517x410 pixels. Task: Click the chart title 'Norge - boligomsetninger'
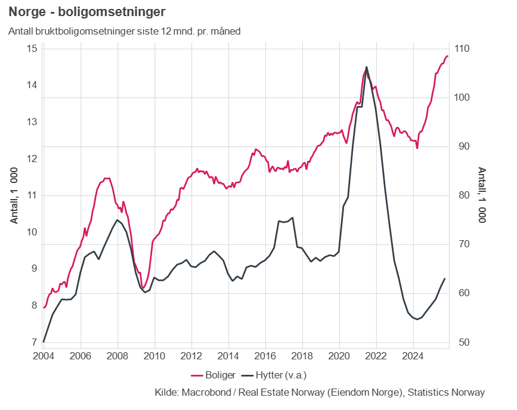(x=87, y=12)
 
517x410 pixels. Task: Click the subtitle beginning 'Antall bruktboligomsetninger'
(x=125, y=31)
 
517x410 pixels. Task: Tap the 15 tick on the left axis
(x=32, y=48)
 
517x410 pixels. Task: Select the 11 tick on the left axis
(x=32, y=195)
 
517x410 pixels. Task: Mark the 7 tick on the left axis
(x=35, y=343)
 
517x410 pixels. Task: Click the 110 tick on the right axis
(x=462, y=48)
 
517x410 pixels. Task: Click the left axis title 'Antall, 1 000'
(x=14, y=195)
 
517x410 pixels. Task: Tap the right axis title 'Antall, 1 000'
(x=482, y=195)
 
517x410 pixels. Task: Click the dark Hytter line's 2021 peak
(x=366, y=67)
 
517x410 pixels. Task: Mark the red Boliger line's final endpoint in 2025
(x=447, y=56)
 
